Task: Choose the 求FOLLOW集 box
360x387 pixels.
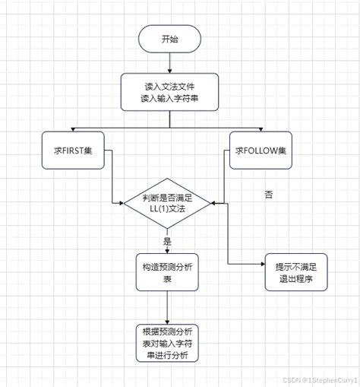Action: click(x=261, y=149)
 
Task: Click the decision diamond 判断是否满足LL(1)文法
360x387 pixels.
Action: click(x=167, y=203)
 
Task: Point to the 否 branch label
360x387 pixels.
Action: click(x=268, y=195)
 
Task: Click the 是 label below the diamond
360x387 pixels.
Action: click(x=167, y=240)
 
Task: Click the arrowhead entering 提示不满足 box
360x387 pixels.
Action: click(x=260, y=264)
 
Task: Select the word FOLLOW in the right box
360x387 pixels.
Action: click(x=259, y=149)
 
